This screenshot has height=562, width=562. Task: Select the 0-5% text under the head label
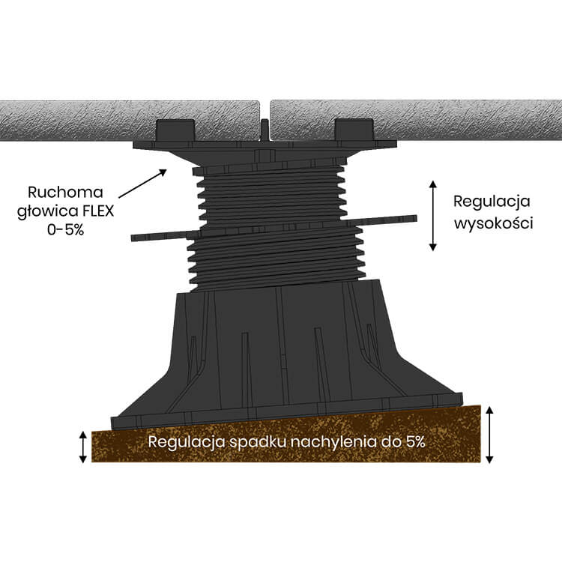tap(65, 230)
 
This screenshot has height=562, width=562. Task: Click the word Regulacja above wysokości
tap(492, 202)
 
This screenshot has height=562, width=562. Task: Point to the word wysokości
tap(492, 223)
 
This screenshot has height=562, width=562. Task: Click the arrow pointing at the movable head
tap(142, 185)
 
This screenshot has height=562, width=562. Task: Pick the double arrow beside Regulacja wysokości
tap(432, 216)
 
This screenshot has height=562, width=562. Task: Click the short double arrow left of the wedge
tap(83, 447)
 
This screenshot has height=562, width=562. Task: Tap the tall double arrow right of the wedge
tap(489, 435)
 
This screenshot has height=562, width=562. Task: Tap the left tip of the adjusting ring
tap(136, 238)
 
